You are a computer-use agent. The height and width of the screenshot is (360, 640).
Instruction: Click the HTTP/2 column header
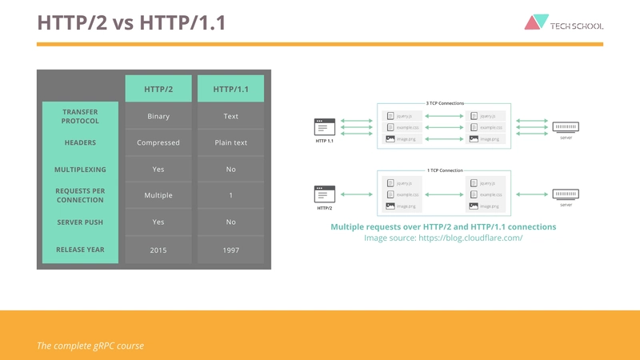click(158, 89)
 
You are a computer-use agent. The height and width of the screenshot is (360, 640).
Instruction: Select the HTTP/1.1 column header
click(230, 89)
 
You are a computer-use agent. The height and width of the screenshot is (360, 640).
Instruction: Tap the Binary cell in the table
click(158, 116)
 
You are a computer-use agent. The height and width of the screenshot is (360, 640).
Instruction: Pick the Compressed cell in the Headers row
click(158, 142)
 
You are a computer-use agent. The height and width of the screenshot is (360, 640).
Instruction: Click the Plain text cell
click(230, 142)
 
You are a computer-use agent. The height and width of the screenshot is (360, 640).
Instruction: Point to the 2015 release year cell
click(158, 250)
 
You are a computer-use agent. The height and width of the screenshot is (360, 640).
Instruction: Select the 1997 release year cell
click(230, 250)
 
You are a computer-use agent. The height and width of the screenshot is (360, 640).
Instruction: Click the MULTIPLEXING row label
click(80, 170)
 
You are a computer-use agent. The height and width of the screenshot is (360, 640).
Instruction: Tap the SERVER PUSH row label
click(80, 222)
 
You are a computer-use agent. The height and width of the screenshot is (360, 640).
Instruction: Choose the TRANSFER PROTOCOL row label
click(80, 116)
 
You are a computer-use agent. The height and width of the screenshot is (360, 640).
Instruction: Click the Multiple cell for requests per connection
click(158, 195)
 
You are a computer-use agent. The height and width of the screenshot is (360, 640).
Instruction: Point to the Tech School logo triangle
click(535, 22)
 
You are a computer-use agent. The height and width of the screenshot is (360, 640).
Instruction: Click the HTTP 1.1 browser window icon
click(324, 126)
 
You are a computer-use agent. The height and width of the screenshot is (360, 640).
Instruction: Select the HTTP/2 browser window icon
click(324, 194)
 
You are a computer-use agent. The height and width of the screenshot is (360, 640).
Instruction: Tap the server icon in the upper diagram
click(566, 126)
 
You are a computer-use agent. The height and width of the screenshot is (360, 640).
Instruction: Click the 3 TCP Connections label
click(444, 103)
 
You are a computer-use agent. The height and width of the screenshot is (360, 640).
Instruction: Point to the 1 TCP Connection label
click(444, 170)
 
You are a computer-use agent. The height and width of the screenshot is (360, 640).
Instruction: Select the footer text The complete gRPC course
click(90, 346)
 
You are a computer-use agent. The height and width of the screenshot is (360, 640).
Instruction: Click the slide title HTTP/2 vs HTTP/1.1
click(131, 22)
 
